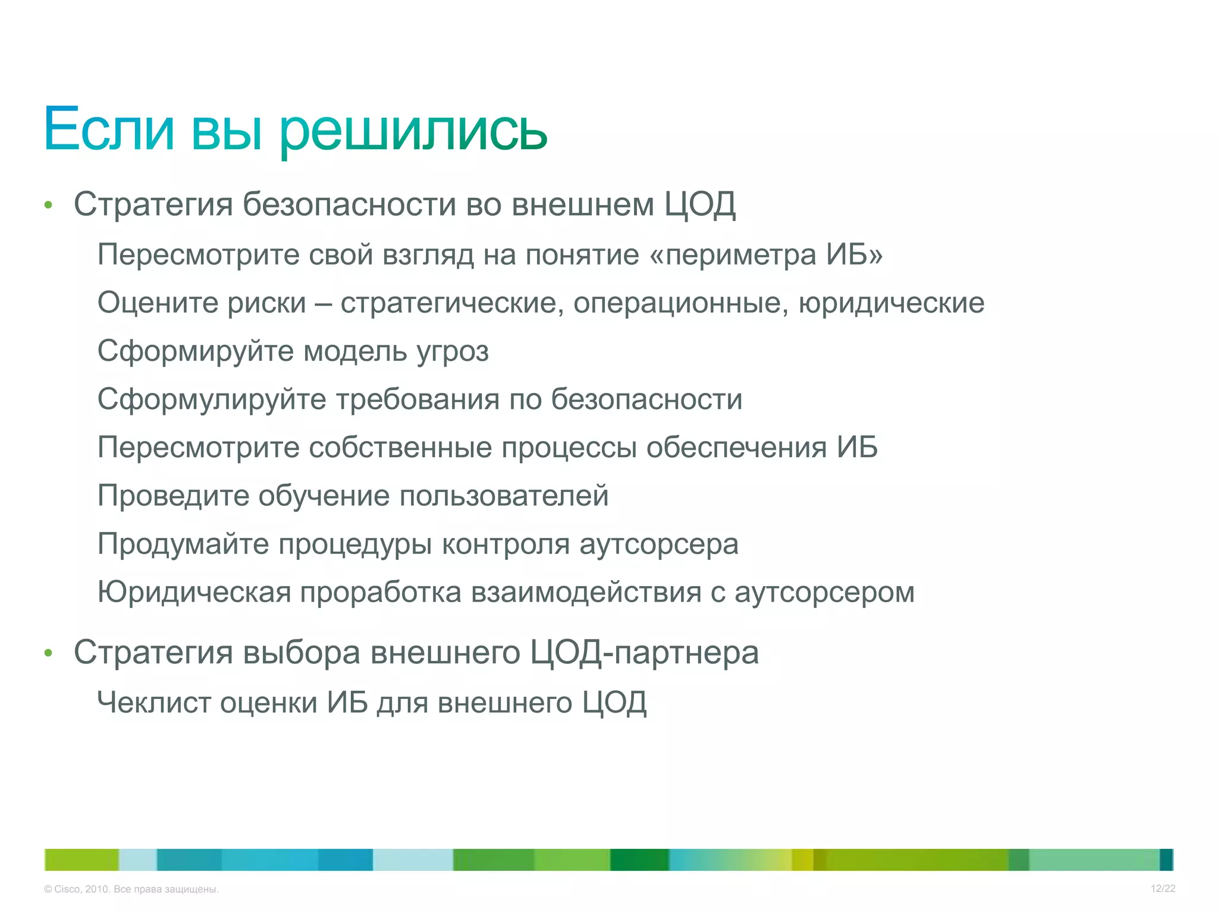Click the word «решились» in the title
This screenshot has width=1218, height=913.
click(413, 131)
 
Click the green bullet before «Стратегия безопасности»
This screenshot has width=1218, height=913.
click(49, 206)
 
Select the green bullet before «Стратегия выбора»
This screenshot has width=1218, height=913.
click(49, 654)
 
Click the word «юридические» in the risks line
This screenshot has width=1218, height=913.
click(891, 304)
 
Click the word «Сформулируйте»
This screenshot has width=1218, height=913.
click(212, 399)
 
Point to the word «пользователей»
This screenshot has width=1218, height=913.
click(504, 496)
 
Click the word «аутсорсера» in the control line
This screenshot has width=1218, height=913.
click(658, 544)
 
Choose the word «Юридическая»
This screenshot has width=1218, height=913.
click(194, 593)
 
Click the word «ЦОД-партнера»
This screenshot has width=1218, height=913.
click(644, 653)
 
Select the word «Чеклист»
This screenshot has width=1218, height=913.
click(153, 703)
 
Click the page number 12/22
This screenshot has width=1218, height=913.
click(1163, 889)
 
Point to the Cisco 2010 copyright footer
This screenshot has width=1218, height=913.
click(131, 889)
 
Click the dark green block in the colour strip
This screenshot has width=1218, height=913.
click(639, 860)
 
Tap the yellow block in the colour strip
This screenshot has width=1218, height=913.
click(802, 860)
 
